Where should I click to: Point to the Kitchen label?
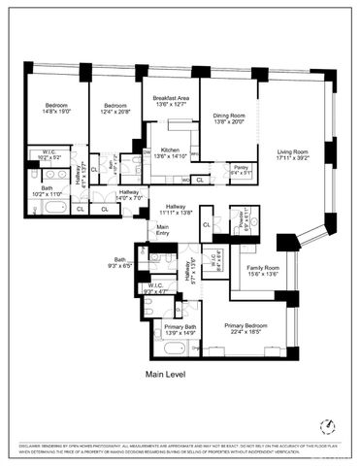pyautogui.click(x=170, y=150)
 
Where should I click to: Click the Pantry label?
pyautogui.click(x=241, y=167)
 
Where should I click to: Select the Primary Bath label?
pyautogui.click(x=180, y=327)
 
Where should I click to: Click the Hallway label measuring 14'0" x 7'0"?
pyautogui.click(x=130, y=192)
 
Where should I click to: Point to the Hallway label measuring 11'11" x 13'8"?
pyautogui.click(x=175, y=206)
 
